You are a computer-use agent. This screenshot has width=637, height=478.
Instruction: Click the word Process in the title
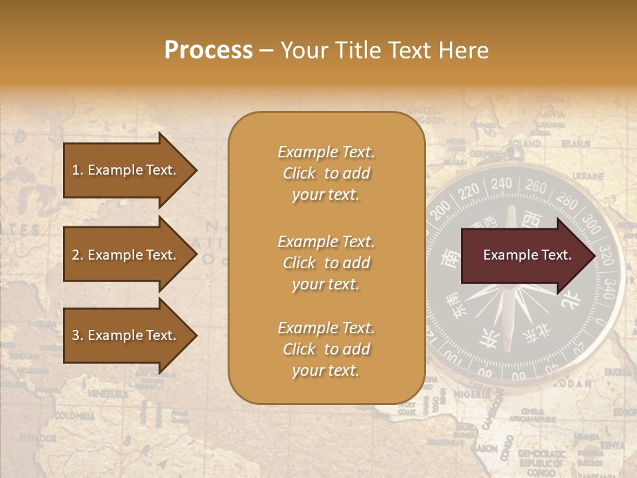click(208, 50)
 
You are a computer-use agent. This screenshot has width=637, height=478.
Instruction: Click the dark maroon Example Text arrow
click(528, 255)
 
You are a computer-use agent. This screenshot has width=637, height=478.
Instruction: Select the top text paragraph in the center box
click(326, 173)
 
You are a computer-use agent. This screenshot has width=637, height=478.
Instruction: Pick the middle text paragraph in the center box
click(326, 263)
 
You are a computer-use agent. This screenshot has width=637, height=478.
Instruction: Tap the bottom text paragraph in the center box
click(326, 349)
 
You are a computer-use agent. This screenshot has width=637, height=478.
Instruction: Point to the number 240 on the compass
click(501, 183)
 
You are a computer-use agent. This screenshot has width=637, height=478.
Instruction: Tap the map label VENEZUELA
click(107, 394)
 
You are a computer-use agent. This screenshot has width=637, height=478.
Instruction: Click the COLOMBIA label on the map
click(74, 416)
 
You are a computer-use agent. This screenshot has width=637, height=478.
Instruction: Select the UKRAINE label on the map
click(588, 176)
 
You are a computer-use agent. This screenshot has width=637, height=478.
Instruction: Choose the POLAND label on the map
click(524, 142)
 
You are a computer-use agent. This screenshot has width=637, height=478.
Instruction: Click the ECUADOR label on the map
click(37, 438)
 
